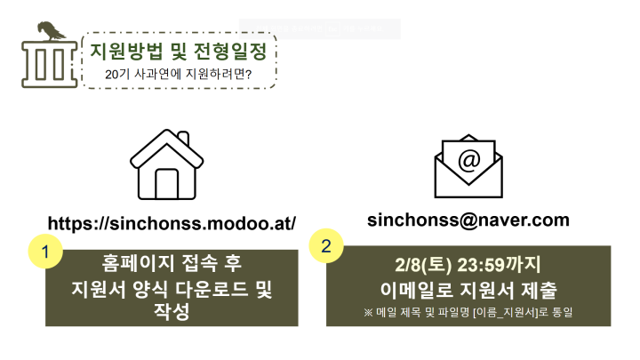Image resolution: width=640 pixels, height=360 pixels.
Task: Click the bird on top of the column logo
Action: point(51,31)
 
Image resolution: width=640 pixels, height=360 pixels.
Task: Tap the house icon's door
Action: point(167,184)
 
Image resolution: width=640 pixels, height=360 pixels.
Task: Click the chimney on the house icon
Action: point(184,138)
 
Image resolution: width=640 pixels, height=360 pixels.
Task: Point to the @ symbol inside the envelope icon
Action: point(469,160)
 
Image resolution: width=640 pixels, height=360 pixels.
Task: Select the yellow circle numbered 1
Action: point(45,252)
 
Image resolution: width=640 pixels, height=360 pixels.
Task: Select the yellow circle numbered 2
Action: point(326,245)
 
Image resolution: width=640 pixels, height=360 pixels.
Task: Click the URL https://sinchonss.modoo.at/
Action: point(172,223)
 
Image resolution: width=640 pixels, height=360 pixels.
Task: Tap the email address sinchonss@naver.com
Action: point(468,220)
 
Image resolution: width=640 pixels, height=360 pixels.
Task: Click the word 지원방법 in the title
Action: point(126,52)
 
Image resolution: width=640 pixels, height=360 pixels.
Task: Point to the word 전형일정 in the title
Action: point(230,52)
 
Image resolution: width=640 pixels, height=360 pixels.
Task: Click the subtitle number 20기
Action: point(117,75)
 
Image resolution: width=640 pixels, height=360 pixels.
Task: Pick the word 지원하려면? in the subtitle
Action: point(219,75)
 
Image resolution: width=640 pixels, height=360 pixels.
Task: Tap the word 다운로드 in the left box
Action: point(212,290)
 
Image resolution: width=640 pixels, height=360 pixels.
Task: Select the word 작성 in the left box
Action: point(172,312)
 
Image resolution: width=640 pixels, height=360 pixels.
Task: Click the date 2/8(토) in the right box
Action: point(423,265)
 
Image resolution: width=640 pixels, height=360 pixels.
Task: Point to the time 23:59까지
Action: point(500,265)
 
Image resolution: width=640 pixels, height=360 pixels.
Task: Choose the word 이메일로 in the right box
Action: point(417,290)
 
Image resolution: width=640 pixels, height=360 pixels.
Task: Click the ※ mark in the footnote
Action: point(368,313)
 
